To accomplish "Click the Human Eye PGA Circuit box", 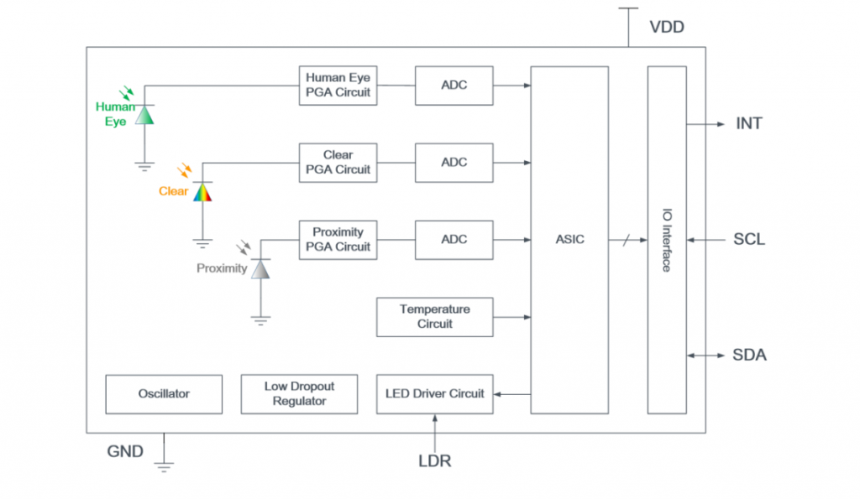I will click(x=338, y=86).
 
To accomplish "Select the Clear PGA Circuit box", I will click(x=338, y=163).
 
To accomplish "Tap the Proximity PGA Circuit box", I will click(x=338, y=240).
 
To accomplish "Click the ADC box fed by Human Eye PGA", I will click(x=454, y=86).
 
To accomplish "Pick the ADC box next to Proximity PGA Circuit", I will click(x=454, y=240).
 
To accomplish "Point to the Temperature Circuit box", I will click(x=434, y=317).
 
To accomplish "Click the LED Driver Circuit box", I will click(x=434, y=394).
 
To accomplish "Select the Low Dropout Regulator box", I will click(x=299, y=394).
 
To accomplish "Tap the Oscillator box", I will click(x=164, y=394).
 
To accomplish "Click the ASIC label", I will click(x=569, y=240).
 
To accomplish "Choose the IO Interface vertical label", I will click(x=666, y=240).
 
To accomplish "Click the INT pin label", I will click(x=749, y=124).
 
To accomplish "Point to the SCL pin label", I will click(x=749, y=240).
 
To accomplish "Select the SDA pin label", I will click(x=749, y=356).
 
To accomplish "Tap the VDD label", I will click(x=667, y=28).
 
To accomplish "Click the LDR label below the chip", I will click(x=435, y=460).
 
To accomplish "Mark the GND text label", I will click(x=125, y=452).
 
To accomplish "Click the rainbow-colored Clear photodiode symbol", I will click(x=202, y=193).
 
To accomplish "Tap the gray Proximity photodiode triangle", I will click(x=260, y=269).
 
